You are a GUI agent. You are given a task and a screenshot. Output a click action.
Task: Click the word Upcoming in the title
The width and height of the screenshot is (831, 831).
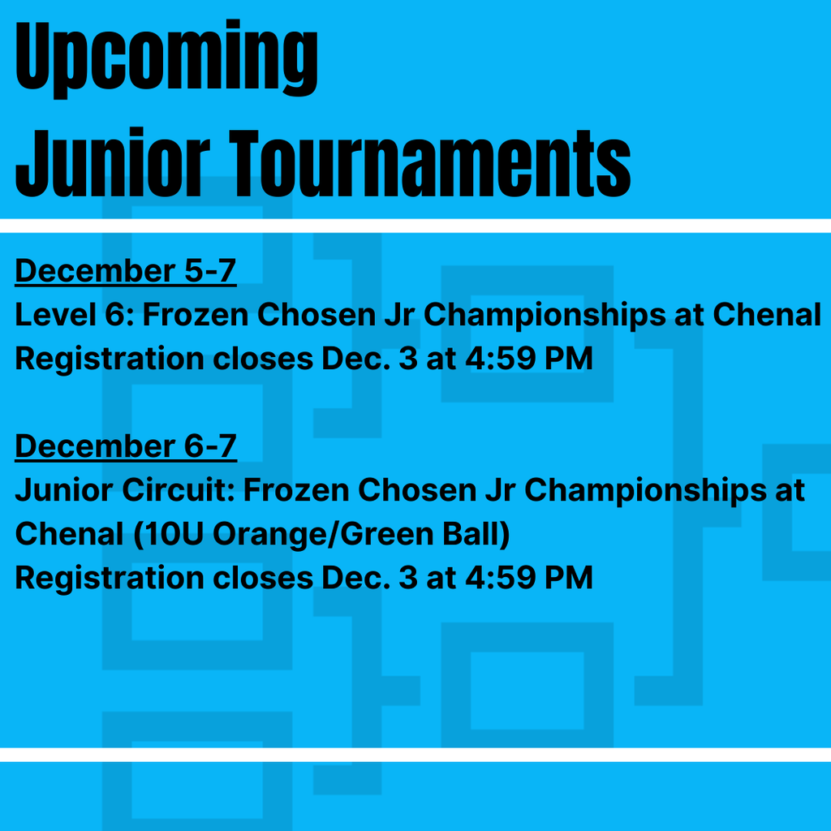coord(166,58)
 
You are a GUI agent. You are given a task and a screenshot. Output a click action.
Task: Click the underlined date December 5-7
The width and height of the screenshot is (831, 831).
coord(125,271)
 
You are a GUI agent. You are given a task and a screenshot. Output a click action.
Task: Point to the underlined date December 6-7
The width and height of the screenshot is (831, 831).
coord(125,446)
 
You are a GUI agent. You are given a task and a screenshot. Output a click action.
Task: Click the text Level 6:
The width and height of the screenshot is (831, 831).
coord(73,315)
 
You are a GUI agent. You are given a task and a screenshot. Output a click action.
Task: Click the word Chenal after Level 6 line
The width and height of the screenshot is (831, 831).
coord(767,315)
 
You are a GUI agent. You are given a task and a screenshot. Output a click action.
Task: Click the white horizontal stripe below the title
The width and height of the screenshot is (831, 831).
coord(415,226)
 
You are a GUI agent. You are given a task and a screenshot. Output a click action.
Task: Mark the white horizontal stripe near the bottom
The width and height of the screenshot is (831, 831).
coord(415,755)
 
